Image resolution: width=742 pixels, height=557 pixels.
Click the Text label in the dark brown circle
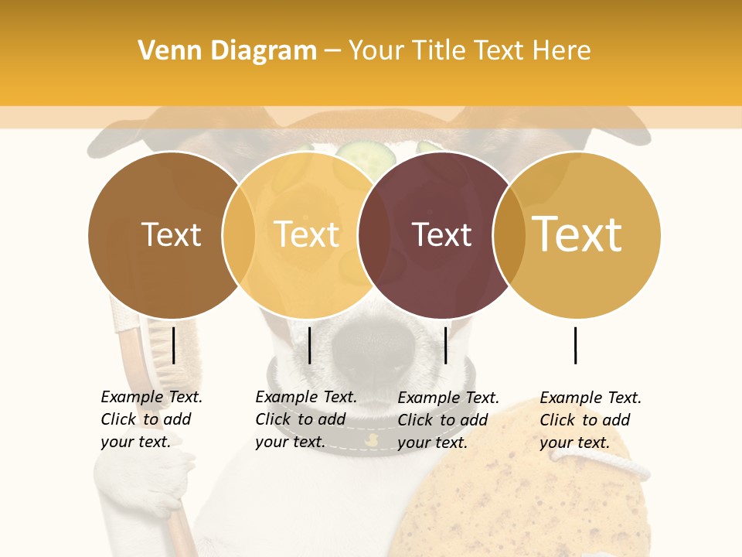(171, 234)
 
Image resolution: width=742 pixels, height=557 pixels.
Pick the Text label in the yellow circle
(307, 234)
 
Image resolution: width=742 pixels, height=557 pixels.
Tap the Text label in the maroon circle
(441, 234)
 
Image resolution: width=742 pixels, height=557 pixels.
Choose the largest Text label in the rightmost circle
(577, 234)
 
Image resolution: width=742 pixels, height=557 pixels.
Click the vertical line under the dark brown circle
(174, 345)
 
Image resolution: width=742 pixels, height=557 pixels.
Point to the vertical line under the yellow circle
(309, 345)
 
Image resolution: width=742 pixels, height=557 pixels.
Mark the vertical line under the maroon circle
(445, 345)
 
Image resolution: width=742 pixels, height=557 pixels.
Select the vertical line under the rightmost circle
(576, 345)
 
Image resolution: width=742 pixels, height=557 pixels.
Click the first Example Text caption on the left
(151, 419)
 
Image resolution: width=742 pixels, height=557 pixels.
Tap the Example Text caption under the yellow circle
(305, 419)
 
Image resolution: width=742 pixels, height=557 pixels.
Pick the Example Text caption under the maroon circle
(448, 420)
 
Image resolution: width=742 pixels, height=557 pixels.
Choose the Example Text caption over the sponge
(590, 420)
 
